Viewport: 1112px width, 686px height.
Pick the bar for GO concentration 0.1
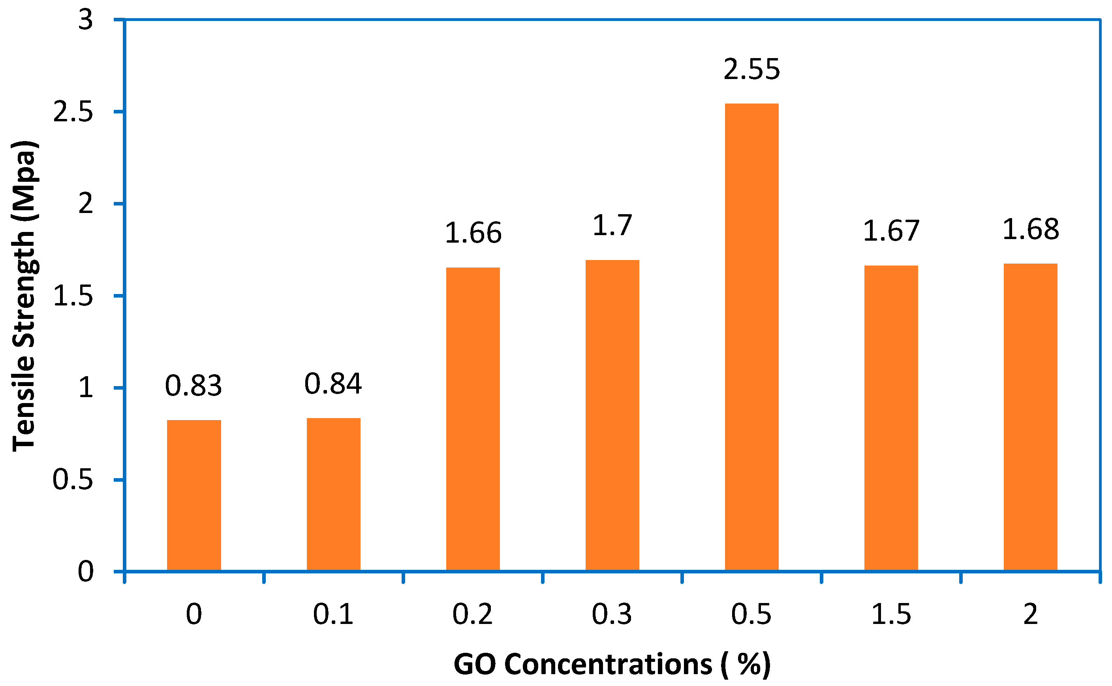[x=333, y=494]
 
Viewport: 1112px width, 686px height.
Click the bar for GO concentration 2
[x=1030, y=417]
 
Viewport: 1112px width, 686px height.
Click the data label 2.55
[x=751, y=70]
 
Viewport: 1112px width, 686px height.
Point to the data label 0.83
[x=193, y=386]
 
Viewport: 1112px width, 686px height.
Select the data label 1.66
[x=473, y=233]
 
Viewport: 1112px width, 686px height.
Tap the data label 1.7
[x=612, y=226]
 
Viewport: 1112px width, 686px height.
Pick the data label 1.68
[x=1030, y=229]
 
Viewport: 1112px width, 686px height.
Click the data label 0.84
[x=333, y=383]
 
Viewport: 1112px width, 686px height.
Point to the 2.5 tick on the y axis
[x=73, y=111]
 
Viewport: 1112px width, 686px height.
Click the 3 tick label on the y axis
[x=85, y=20]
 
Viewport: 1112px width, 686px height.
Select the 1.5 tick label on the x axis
[x=891, y=615]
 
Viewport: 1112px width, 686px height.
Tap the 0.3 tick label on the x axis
[x=612, y=615]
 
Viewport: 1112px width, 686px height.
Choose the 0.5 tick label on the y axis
[x=73, y=480]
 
